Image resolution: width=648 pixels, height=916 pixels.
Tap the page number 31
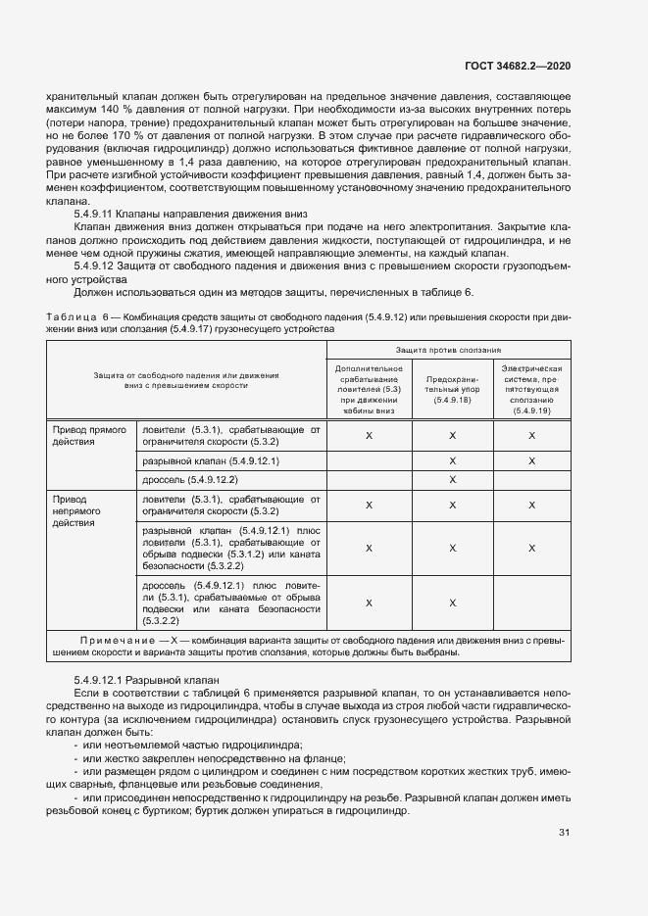point(564,833)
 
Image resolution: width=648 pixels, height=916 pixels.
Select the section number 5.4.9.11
point(95,214)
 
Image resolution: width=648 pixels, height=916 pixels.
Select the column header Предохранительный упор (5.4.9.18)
point(452,388)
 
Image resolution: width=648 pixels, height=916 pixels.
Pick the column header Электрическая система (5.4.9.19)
point(532,388)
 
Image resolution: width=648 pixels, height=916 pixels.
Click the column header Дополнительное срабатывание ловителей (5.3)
point(368,388)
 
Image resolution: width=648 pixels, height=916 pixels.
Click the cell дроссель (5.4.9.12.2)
point(190,480)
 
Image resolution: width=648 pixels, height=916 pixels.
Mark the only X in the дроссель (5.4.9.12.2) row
point(452,480)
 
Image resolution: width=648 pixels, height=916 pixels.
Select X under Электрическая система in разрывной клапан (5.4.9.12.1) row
point(532,459)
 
